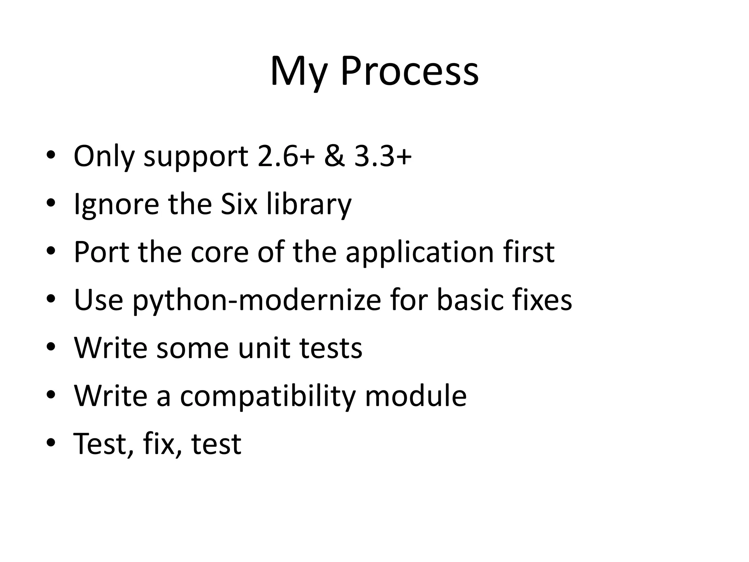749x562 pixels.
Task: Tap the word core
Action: tap(220, 252)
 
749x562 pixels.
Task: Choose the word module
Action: tap(416, 396)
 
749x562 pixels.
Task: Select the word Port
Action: tap(102, 252)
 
